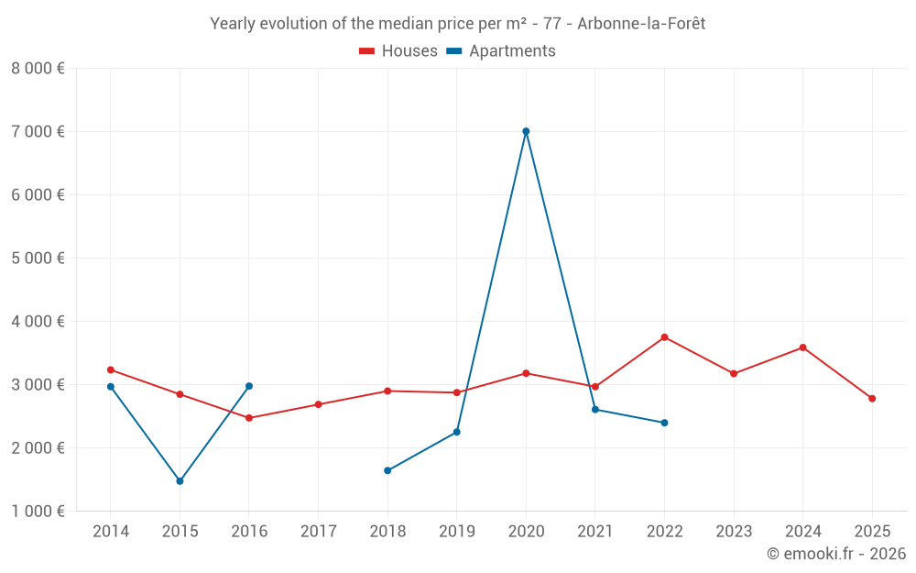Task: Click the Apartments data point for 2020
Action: pyautogui.click(x=526, y=131)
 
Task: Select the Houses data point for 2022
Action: pyautogui.click(x=664, y=337)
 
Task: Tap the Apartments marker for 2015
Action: pyautogui.click(x=180, y=481)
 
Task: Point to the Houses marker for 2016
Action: pyautogui.click(x=249, y=418)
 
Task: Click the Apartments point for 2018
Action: pyautogui.click(x=387, y=470)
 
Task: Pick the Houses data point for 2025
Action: pyautogui.click(x=872, y=399)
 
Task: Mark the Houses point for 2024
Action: pyautogui.click(x=802, y=347)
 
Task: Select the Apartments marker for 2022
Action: pyautogui.click(x=664, y=423)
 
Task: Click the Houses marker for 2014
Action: pyautogui.click(x=111, y=370)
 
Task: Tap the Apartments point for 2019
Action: pyautogui.click(x=456, y=432)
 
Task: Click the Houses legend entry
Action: pyautogui.click(x=398, y=51)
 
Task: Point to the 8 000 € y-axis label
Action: pyautogui.click(x=38, y=69)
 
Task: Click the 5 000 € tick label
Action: pyautogui.click(x=38, y=259)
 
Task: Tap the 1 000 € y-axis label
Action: pyautogui.click(x=38, y=512)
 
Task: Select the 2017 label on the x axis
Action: pyautogui.click(x=318, y=532)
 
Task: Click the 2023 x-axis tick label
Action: pyautogui.click(x=734, y=532)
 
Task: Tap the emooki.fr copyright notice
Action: pyautogui.click(x=835, y=554)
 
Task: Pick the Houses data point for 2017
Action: pyautogui.click(x=318, y=404)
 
